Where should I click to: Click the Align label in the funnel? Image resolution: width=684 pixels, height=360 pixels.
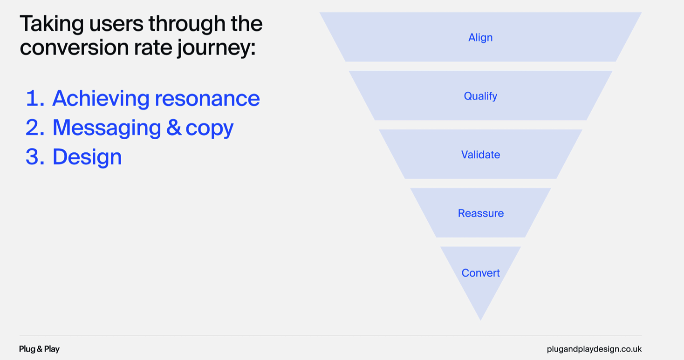(480, 38)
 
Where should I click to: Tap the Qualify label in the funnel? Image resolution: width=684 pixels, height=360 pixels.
(480, 96)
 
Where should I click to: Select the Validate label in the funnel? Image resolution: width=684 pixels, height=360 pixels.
(480, 155)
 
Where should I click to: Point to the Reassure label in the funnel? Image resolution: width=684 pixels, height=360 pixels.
(481, 213)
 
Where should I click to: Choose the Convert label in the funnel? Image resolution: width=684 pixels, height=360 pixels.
(480, 273)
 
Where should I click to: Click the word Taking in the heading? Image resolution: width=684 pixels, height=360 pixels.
(52, 24)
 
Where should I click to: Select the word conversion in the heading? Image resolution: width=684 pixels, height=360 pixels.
(74, 48)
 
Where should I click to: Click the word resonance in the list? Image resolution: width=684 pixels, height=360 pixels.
(207, 99)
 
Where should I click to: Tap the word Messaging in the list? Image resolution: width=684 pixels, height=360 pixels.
(107, 128)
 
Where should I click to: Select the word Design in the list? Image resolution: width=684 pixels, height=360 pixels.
(87, 157)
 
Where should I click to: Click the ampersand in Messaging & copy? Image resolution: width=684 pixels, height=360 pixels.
(174, 128)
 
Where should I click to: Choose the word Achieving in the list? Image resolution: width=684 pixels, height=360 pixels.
(101, 99)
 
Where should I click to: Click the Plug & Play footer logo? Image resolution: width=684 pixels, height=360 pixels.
(39, 349)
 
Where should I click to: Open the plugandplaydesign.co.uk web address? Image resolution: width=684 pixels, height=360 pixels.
(594, 349)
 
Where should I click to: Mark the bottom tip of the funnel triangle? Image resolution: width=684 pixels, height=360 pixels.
(481, 320)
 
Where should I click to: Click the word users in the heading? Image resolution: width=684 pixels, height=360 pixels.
(116, 24)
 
